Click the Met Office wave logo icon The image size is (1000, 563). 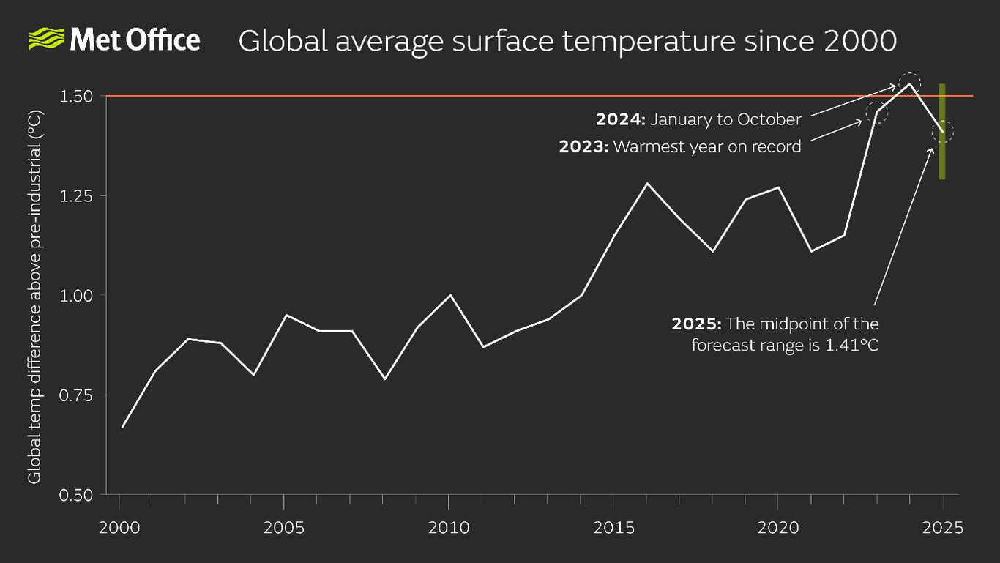click(x=46, y=40)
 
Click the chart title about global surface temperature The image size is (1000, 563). click(x=567, y=41)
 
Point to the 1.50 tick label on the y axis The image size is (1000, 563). click(x=77, y=96)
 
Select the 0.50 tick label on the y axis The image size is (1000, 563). click(x=77, y=494)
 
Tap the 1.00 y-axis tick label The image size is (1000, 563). click(x=77, y=295)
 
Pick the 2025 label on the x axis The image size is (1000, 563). click(x=943, y=527)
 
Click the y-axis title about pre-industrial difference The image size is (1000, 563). click(x=34, y=297)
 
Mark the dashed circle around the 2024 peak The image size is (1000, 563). click(x=909, y=83)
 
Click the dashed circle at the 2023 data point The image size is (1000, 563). click(x=876, y=112)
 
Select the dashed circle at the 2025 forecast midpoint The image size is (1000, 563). click(x=943, y=132)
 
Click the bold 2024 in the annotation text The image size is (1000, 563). click(x=620, y=119)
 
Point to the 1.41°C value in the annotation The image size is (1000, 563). click(x=852, y=344)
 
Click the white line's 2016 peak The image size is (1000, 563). click(x=646, y=183)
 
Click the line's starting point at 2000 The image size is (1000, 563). click(x=122, y=427)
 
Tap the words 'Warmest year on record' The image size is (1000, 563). click(x=707, y=146)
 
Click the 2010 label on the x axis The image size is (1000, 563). click(x=448, y=527)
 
